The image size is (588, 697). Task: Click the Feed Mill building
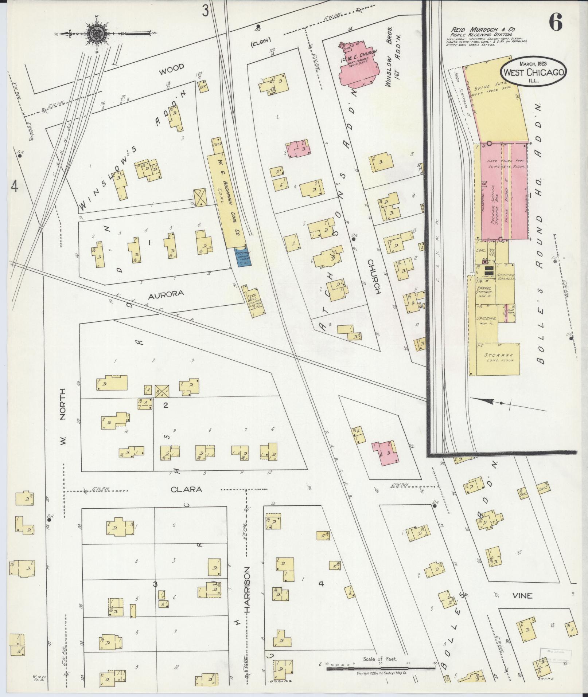point(253,299)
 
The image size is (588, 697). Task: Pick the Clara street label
point(186,489)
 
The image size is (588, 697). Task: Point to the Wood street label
point(171,67)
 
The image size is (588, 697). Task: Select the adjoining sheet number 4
point(15,186)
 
